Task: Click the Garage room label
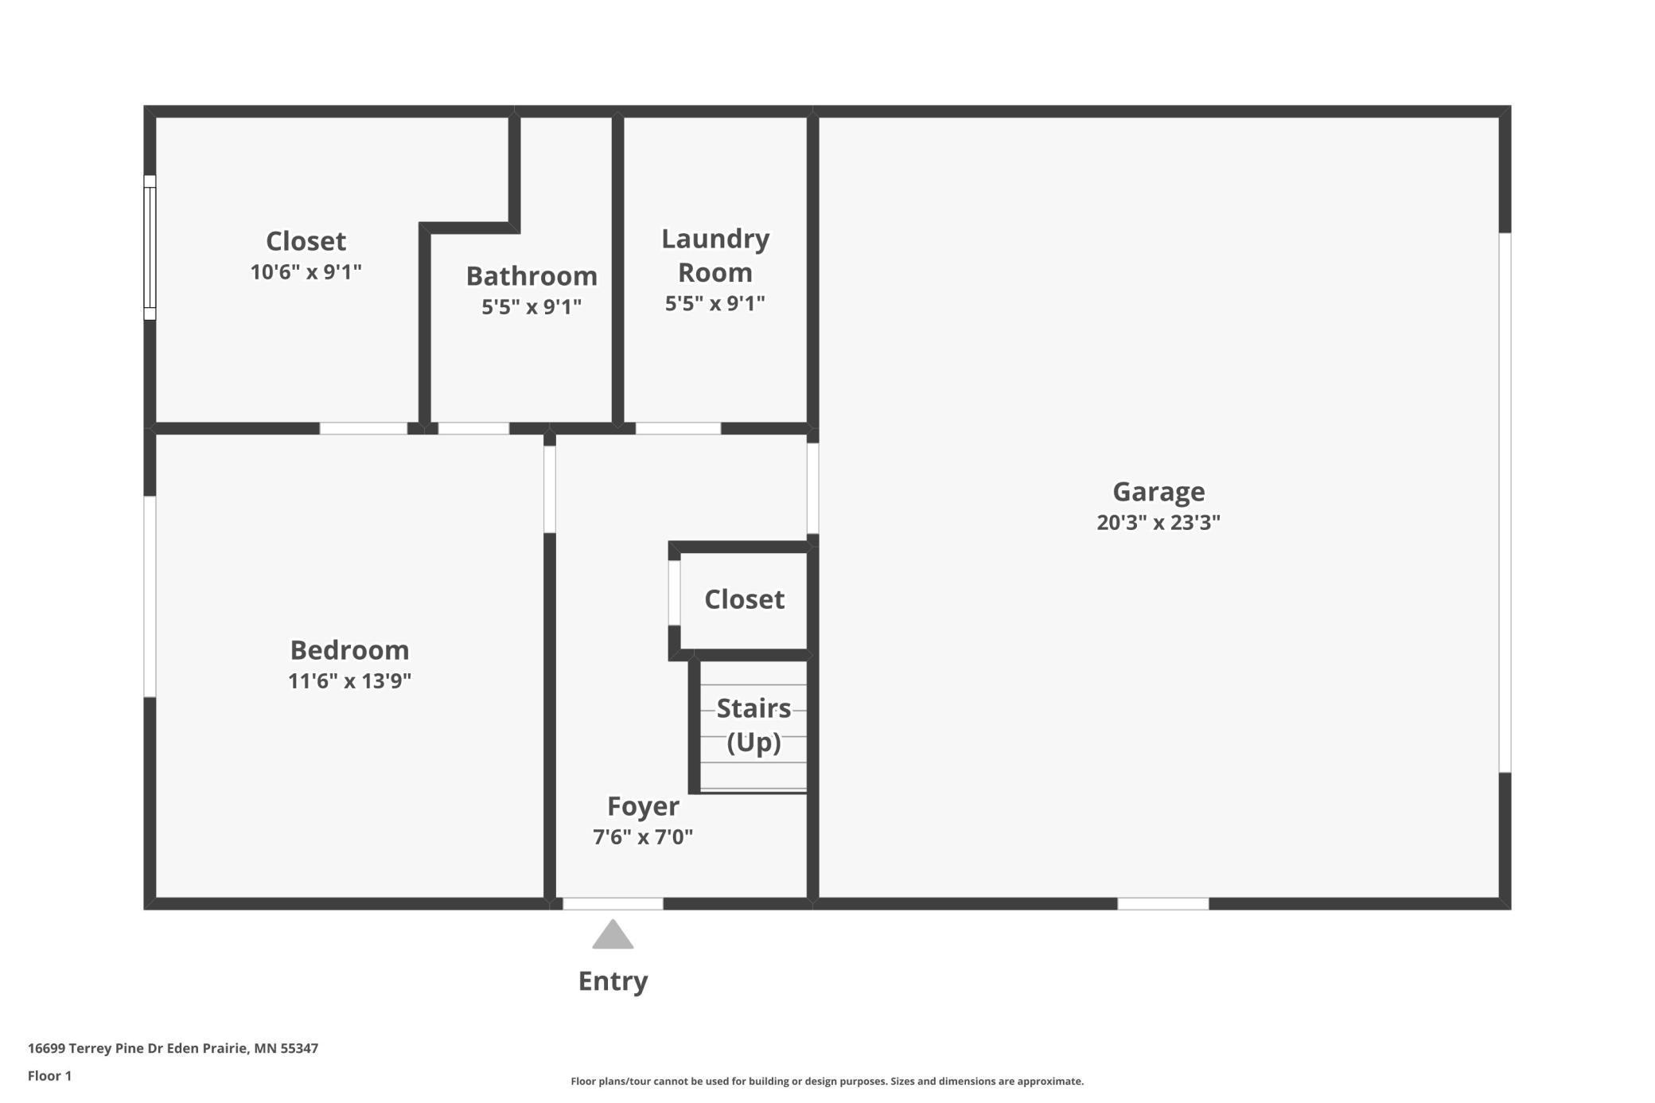click(1158, 491)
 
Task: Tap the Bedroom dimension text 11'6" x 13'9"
click(349, 681)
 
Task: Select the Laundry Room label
click(715, 255)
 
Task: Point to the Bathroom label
click(532, 275)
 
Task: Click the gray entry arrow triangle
click(613, 936)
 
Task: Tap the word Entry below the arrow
click(613, 981)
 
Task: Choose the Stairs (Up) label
click(754, 725)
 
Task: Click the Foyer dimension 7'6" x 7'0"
click(643, 837)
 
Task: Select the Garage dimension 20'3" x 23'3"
click(1158, 522)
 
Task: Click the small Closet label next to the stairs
click(744, 599)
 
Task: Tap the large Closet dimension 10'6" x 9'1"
click(306, 272)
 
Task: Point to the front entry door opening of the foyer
click(613, 903)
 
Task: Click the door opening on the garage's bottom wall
click(1163, 903)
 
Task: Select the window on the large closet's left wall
click(150, 247)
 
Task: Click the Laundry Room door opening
click(678, 428)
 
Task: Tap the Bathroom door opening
click(473, 428)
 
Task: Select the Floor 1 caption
click(49, 1076)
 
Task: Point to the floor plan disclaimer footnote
click(827, 1081)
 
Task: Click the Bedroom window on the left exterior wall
click(150, 597)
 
